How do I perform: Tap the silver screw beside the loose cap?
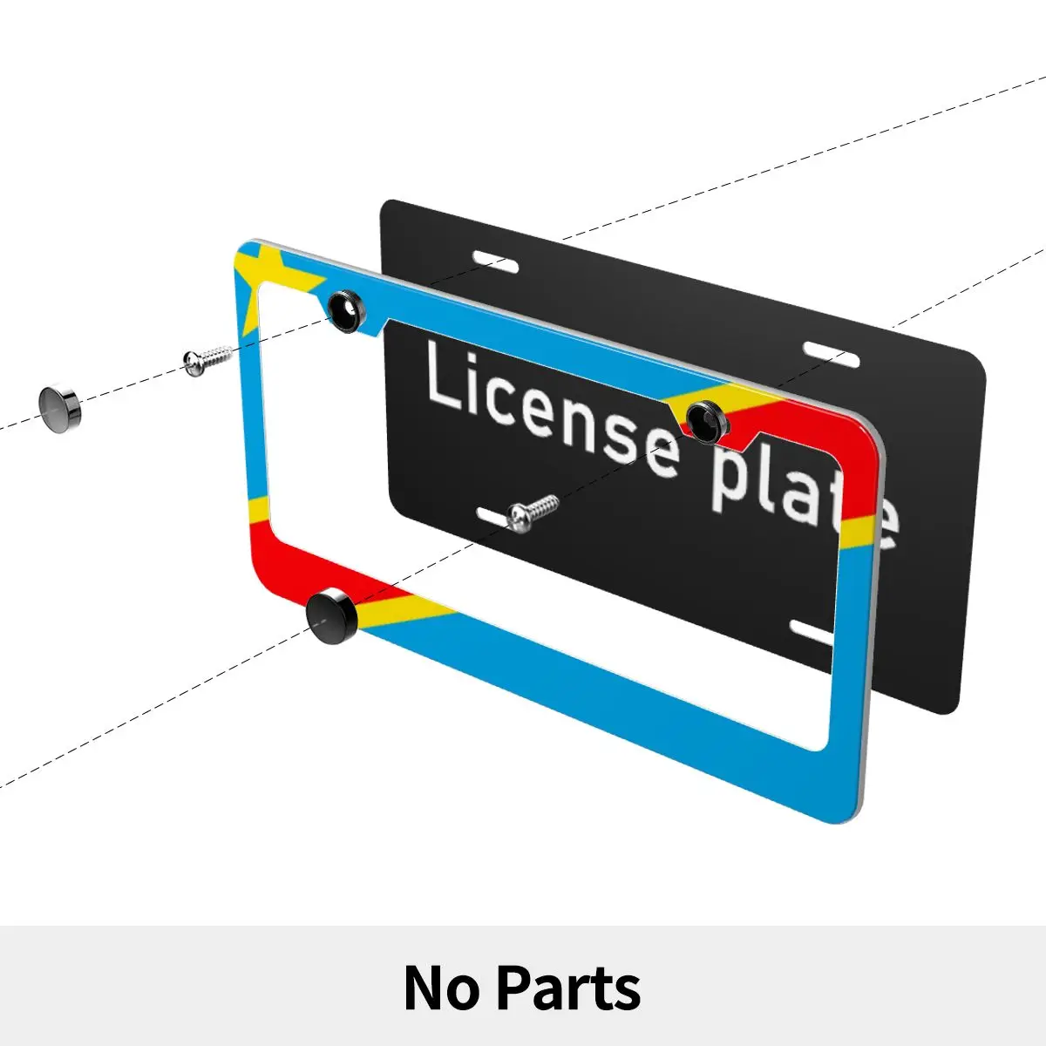point(207,358)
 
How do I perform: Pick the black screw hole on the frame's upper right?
point(705,421)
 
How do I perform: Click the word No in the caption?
point(441,988)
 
